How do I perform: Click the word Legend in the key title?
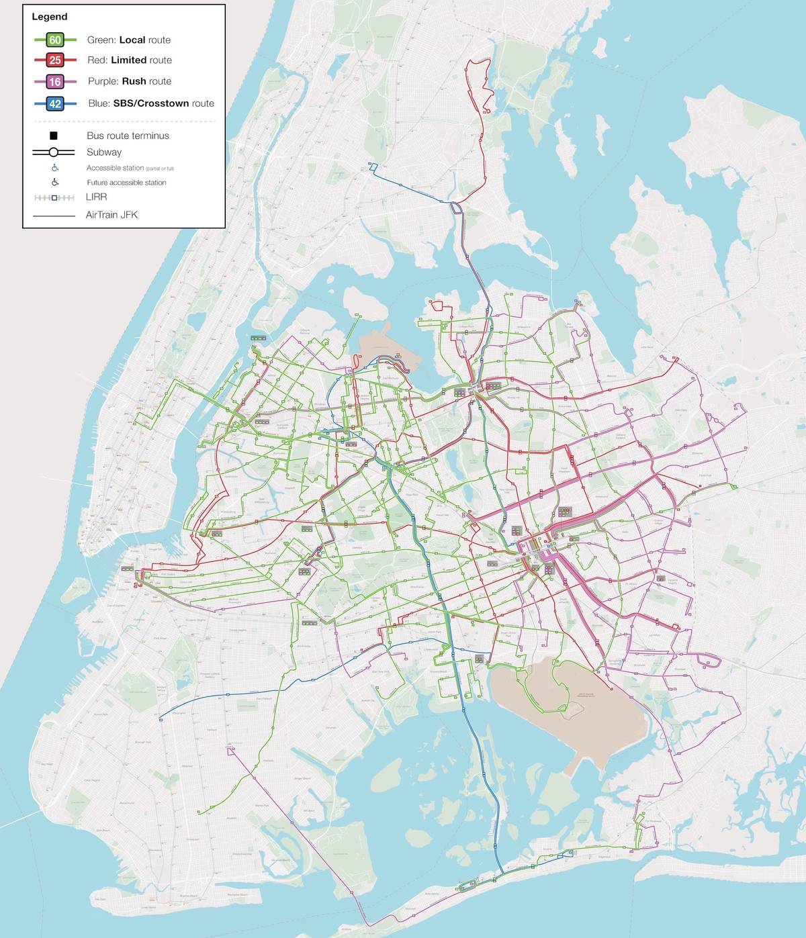(x=50, y=17)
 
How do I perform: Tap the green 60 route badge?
(x=55, y=40)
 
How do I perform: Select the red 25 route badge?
(x=55, y=60)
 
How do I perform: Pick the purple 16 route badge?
(x=55, y=82)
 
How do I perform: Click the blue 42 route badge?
(x=55, y=104)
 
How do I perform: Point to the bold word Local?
(x=132, y=40)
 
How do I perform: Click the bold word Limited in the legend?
(x=128, y=60)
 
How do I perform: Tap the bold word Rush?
(x=134, y=81)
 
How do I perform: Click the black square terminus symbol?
(x=54, y=136)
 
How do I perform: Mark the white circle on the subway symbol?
(x=54, y=152)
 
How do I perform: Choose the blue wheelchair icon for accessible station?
(x=55, y=168)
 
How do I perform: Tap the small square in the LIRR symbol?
(x=54, y=197)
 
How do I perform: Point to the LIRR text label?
(x=97, y=197)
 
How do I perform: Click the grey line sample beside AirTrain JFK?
(x=54, y=216)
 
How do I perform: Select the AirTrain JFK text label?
(x=111, y=215)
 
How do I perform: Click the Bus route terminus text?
(x=128, y=136)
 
